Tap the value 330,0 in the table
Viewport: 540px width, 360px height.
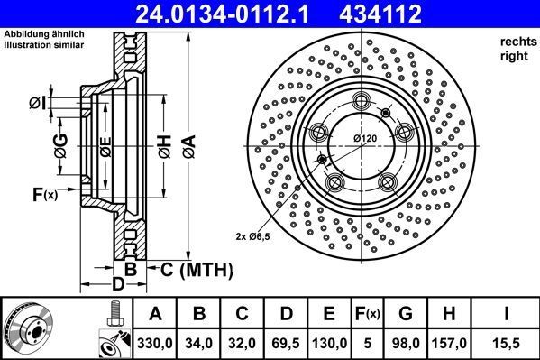coord(155,344)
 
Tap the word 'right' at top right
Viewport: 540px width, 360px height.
coord(513,56)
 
